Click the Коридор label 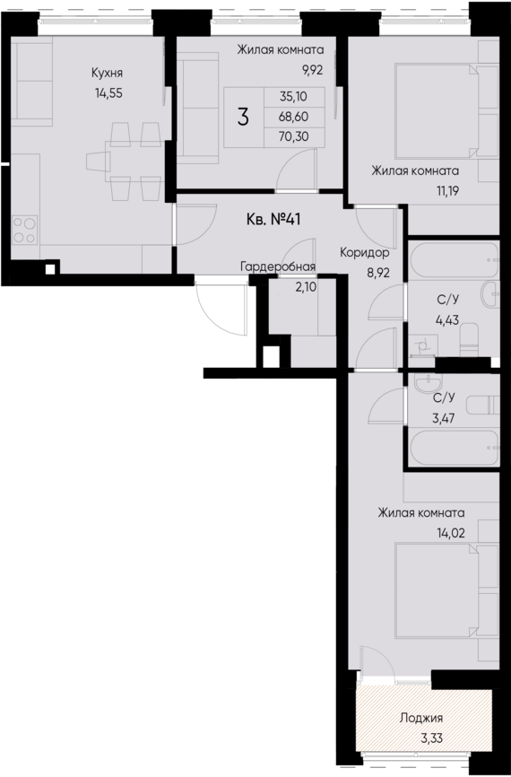(x=363, y=253)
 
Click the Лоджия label (x=420, y=718)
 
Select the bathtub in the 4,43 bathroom (x=452, y=260)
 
